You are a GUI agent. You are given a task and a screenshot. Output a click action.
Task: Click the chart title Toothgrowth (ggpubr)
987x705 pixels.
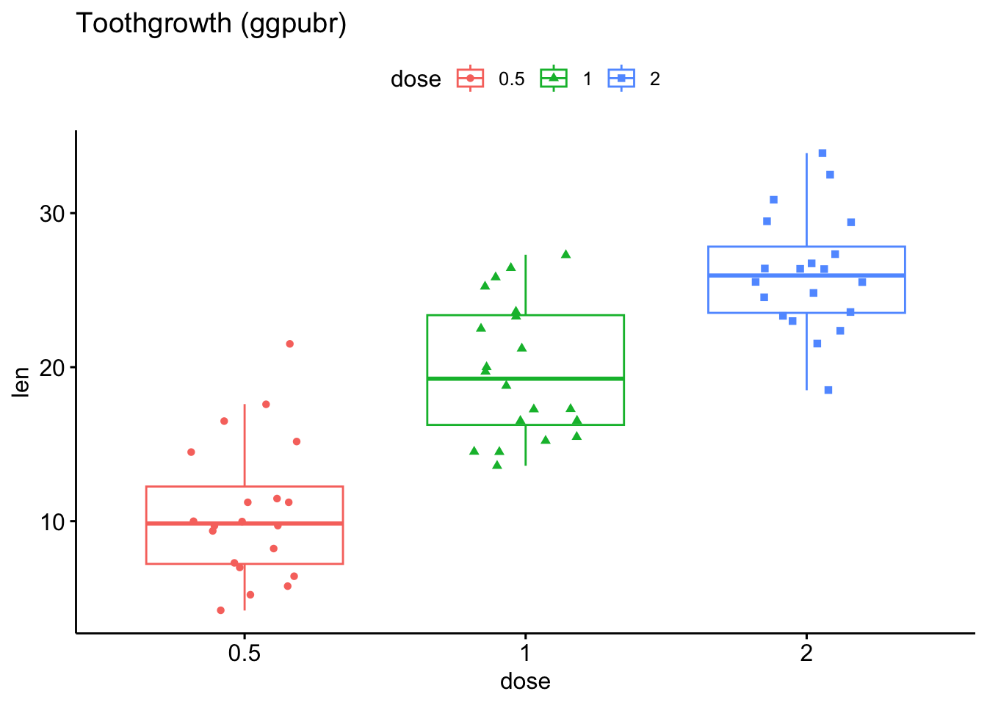pyautogui.click(x=211, y=24)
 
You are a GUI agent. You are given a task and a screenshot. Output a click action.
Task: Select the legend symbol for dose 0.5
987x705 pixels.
pyautogui.click(x=470, y=79)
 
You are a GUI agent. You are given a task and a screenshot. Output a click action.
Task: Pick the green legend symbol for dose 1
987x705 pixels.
pyautogui.click(x=554, y=79)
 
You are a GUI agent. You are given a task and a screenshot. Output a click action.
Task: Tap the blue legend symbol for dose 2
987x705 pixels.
pyautogui.click(x=621, y=79)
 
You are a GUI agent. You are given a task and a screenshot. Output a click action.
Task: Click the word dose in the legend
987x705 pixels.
pyautogui.click(x=416, y=79)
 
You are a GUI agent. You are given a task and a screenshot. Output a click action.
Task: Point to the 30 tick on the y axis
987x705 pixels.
pyautogui.click(x=53, y=214)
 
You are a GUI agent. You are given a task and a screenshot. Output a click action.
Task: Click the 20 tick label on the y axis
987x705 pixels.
pyautogui.click(x=53, y=367)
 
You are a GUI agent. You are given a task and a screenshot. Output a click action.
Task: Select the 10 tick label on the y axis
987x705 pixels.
pyautogui.click(x=53, y=521)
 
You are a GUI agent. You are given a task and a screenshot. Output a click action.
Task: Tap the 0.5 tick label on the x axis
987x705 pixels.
pyautogui.click(x=245, y=654)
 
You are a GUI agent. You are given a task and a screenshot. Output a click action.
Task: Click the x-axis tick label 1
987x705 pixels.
pyautogui.click(x=525, y=654)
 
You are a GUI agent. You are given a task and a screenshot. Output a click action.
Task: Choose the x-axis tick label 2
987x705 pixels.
pyautogui.click(x=806, y=654)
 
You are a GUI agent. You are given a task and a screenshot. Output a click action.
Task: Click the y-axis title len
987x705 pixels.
pyautogui.click(x=22, y=383)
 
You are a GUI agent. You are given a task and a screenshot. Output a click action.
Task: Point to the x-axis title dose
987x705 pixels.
pyautogui.click(x=525, y=681)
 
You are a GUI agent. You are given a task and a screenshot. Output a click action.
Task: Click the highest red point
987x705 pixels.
pyautogui.click(x=289, y=344)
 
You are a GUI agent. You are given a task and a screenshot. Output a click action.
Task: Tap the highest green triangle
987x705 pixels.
pyautogui.click(x=565, y=254)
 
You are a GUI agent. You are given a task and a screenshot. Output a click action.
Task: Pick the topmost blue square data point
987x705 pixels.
pyautogui.click(x=822, y=153)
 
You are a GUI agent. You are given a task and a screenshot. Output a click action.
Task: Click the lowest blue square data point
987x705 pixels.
pyautogui.click(x=828, y=390)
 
